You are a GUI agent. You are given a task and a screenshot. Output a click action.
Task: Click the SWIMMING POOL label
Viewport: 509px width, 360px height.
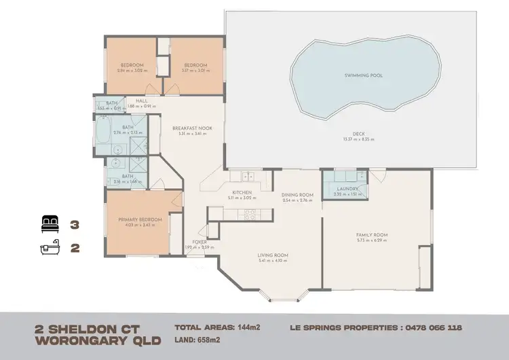coord(362,75)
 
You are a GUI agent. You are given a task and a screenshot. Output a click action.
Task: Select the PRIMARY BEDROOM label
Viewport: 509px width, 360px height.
coord(140,219)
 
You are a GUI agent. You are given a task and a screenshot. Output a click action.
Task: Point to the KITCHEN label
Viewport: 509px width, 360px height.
coord(242,193)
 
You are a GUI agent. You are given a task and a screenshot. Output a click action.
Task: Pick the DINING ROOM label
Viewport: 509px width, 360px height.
coord(297,196)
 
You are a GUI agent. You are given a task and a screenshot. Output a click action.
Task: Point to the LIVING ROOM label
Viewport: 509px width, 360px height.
coord(273,255)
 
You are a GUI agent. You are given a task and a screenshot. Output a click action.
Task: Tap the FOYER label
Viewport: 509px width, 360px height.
coord(200,242)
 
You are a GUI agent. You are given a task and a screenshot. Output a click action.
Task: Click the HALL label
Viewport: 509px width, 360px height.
coord(142,101)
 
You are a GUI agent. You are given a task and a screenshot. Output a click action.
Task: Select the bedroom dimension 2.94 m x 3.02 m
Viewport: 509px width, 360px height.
coord(130,71)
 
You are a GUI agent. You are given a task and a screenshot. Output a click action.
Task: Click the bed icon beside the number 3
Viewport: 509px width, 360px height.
coord(51,222)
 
